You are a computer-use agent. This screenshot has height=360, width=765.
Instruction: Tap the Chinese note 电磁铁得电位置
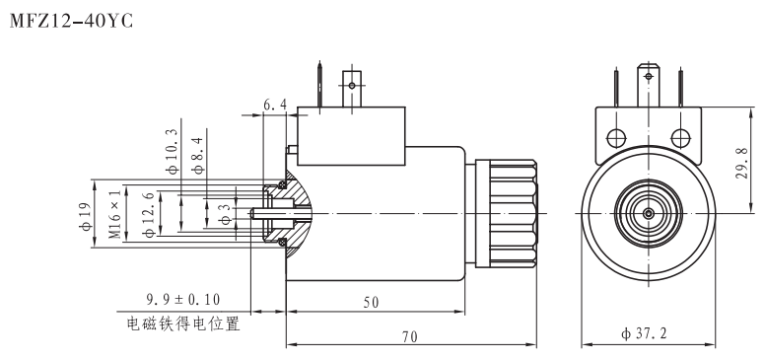coord(183,322)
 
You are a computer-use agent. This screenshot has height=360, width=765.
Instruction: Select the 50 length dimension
coord(370,303)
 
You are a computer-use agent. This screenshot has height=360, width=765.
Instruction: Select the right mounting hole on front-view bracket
coord(680,136)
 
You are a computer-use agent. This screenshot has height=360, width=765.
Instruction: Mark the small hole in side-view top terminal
coord(349,86)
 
